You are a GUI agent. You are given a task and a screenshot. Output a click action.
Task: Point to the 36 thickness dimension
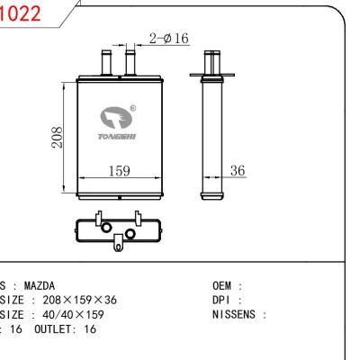tap(237, 168)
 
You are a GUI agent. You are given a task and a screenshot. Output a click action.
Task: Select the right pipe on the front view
tap(130, 64)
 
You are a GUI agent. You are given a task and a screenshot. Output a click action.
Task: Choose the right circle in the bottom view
tap(130, 234)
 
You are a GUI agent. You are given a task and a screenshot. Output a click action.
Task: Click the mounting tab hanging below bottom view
tap(118, 242)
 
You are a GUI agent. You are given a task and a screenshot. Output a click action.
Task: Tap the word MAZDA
tap(39, 286)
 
